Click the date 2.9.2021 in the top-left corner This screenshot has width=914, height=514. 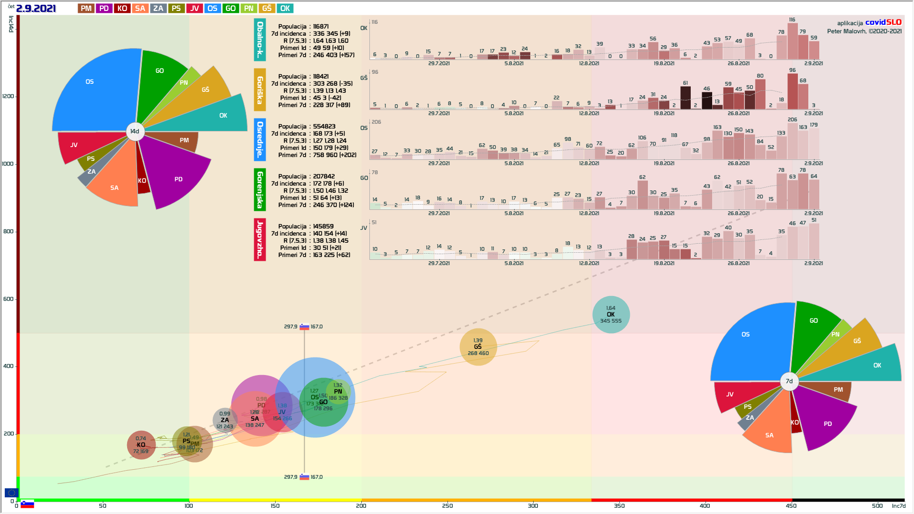(x=36, y=9)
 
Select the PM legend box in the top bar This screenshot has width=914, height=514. (x=86, y=9)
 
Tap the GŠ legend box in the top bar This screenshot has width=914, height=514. (x=267, y=9)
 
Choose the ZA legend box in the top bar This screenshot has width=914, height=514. (x=158, y=9)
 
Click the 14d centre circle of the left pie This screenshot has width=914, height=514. (x=135, y=131)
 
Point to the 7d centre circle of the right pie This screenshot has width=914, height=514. (x=789, y=381)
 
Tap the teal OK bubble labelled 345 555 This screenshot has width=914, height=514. (x=611, y=315)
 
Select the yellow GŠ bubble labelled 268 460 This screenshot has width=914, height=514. (x=478, y=347)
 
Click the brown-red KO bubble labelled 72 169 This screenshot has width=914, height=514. (x=141, y=445)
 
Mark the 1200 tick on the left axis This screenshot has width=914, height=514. (x=9, y=96)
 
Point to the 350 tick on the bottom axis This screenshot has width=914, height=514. (x=619, y=506)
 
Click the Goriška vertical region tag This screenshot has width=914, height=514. (x=260, y=90)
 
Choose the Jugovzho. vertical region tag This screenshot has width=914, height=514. (x=260, y=239)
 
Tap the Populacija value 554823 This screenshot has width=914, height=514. (x=324, y=127)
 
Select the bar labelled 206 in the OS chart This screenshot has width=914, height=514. (x=792, y=141)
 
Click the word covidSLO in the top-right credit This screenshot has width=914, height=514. (x=883, y=22)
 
